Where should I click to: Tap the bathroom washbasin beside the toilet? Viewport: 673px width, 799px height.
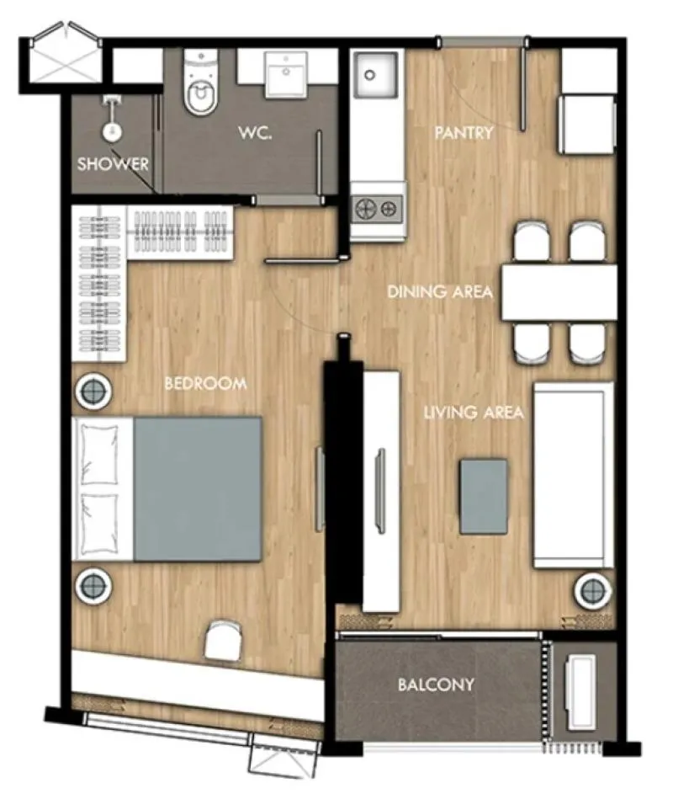[x=285, y=74]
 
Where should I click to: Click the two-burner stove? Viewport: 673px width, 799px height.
[x=377, y=209]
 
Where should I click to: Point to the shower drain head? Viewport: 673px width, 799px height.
[x=113, y=131]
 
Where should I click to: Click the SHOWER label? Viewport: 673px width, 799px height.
[x=113, y=164]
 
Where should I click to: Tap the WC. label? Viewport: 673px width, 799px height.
[x=255, y=133]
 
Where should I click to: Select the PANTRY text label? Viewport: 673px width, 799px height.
[x=464, y=133]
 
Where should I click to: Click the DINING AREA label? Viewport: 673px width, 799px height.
[x=440, y=292]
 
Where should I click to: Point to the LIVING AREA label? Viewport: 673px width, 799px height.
[x=474, y=413]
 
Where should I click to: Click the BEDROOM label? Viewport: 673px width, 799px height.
[x=205, y=383]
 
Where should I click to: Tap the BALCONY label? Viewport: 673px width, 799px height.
[x=436, y=684]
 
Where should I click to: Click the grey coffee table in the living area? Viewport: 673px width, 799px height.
[x=484, y=497]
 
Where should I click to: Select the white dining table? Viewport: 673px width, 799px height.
[x=559, y=292]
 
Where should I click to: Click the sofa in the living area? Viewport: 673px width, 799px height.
[x=573, y=475]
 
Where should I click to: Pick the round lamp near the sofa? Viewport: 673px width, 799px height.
[x=593, y=591]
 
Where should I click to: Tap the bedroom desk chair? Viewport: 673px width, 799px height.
[x=222, y=641]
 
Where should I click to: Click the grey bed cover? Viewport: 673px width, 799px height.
[x=198, y=489]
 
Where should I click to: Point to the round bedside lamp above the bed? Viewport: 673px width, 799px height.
[x=93, y=392]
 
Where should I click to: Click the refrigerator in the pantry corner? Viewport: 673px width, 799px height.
[x=589, y=124]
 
